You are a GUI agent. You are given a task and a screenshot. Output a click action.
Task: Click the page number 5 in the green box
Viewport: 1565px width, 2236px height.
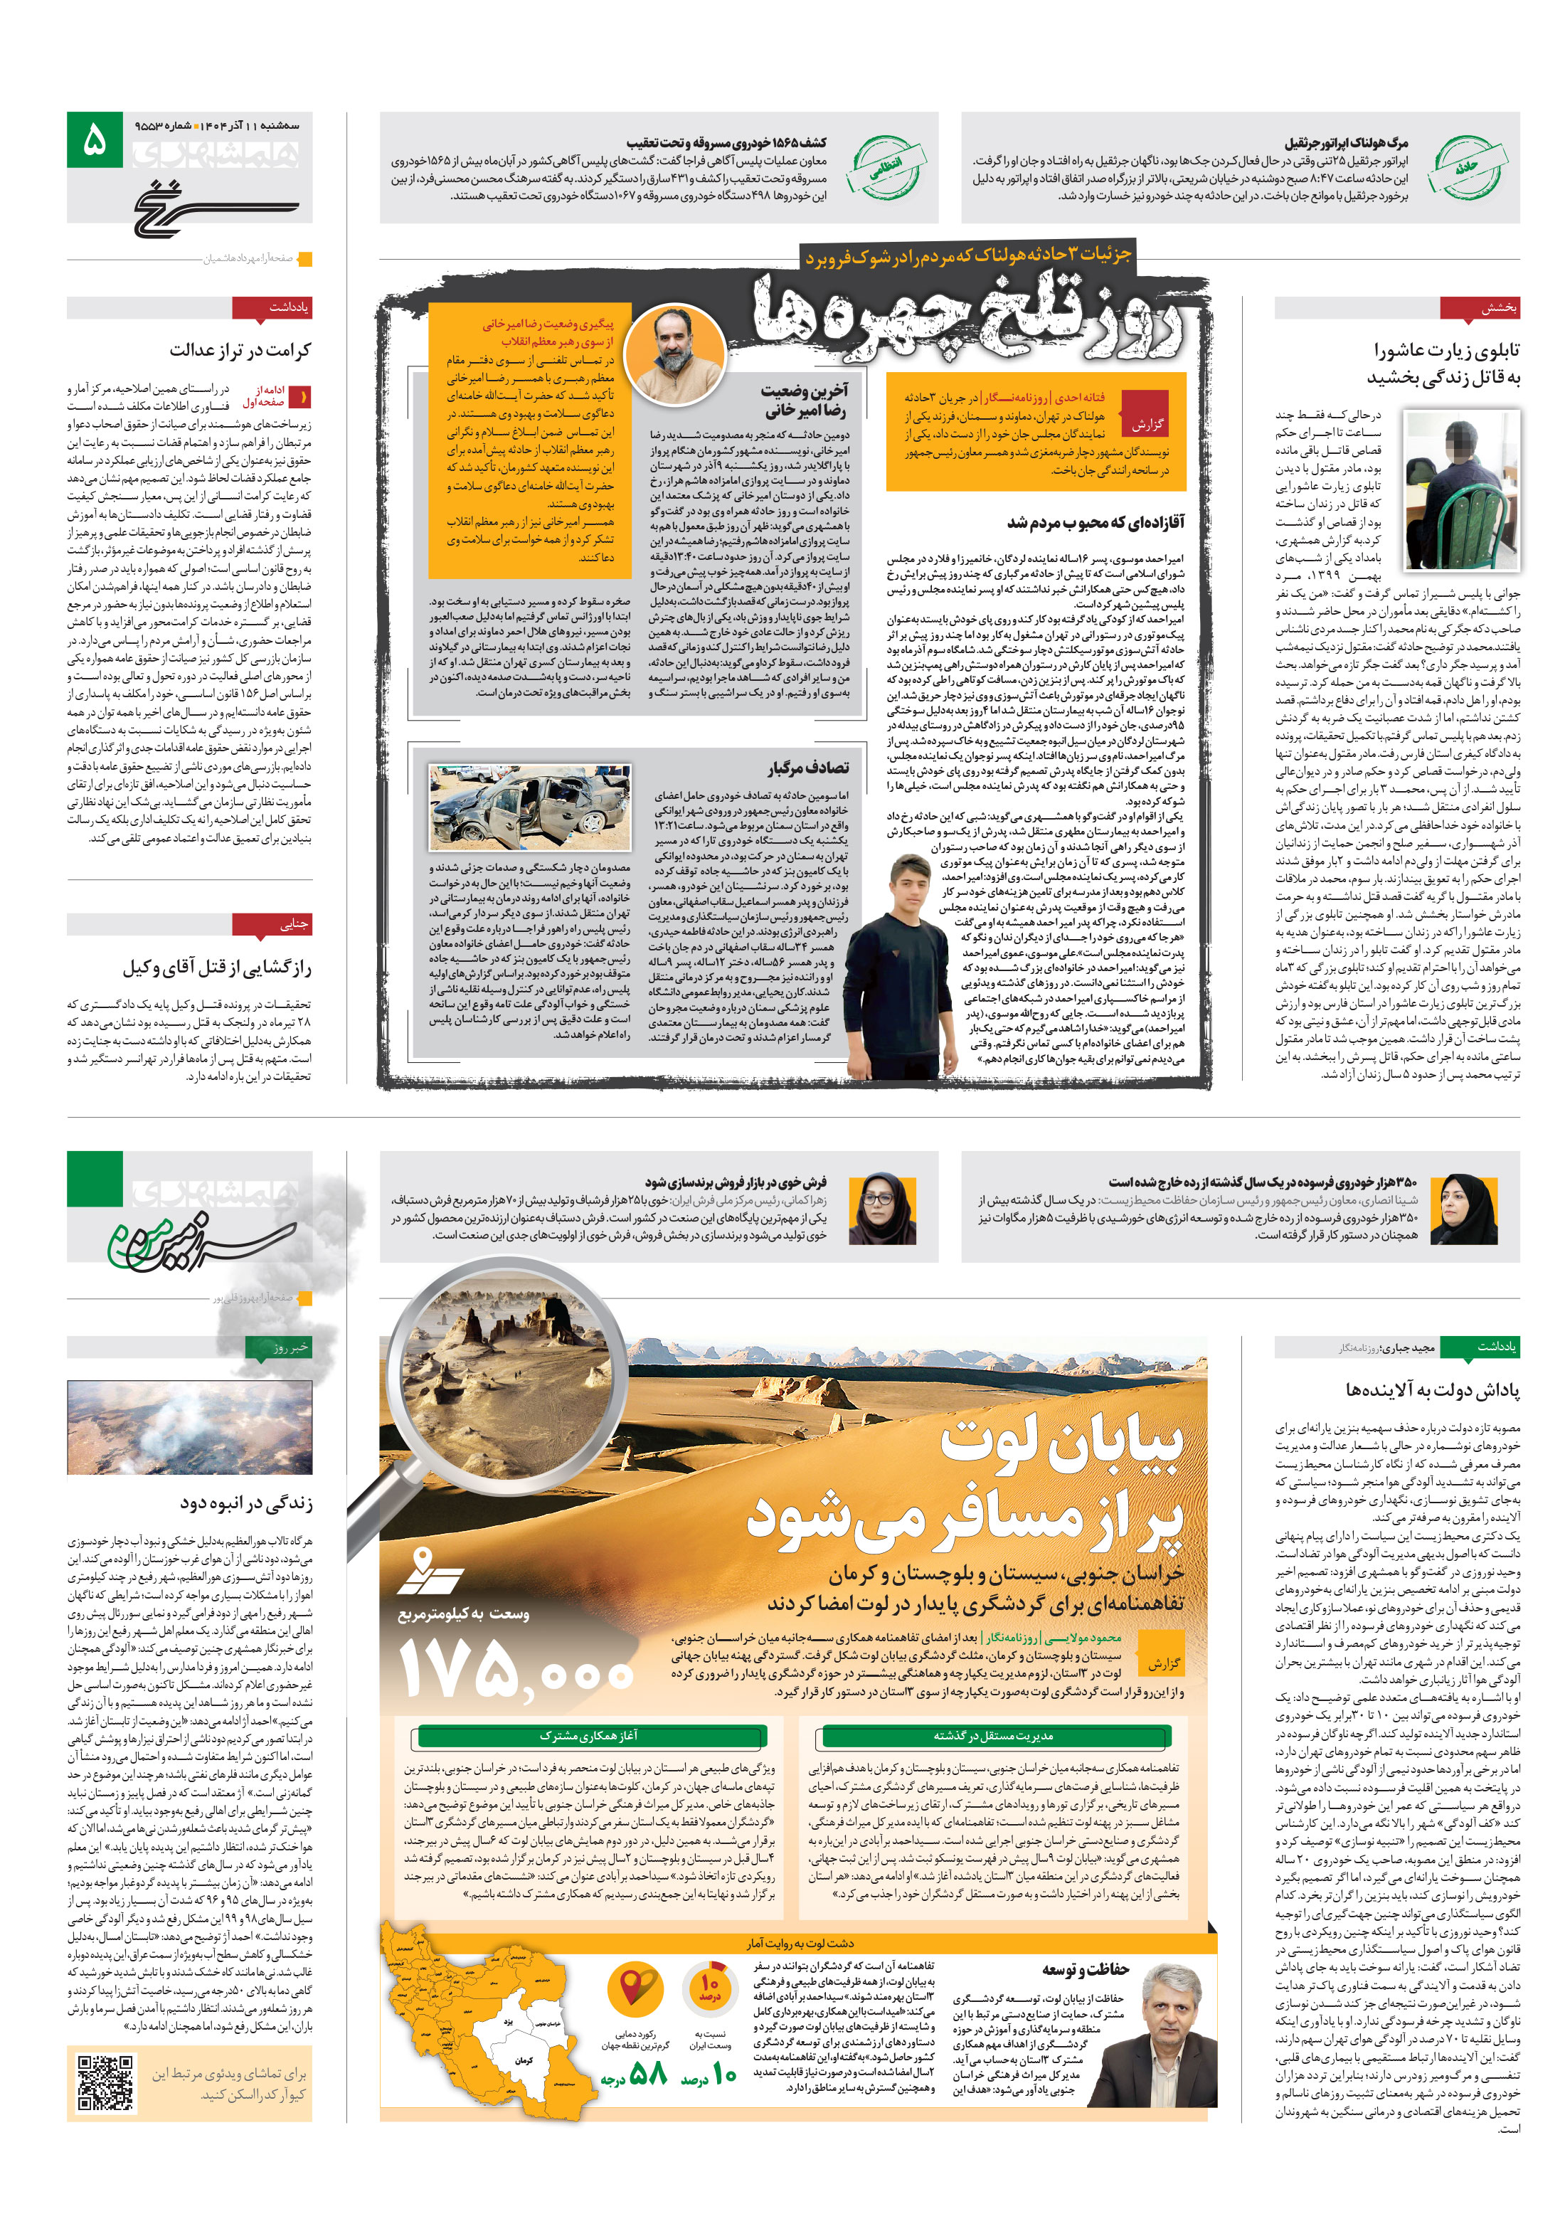tap(95, 140)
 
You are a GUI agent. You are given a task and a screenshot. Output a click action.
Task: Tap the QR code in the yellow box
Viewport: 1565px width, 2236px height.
tap(105, 2083)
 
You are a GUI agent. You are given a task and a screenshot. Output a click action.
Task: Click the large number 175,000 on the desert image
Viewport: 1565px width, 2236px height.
tap(516, 1672)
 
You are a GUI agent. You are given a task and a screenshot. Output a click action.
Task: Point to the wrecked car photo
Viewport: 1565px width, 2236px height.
tap(529, 807)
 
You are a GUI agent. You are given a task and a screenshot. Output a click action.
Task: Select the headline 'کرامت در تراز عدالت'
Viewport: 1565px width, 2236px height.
tap(240, 349)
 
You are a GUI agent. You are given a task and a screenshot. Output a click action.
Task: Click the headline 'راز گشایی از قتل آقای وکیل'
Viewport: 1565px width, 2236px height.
tap(216, 967)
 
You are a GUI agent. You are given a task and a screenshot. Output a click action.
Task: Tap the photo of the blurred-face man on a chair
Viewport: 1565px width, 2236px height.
tap(1461, 489)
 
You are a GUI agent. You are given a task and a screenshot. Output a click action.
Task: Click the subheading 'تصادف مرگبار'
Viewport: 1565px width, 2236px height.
tap(807, 768)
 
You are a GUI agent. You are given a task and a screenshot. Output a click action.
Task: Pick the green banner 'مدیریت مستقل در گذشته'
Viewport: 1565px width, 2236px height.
tap(993, 1735)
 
